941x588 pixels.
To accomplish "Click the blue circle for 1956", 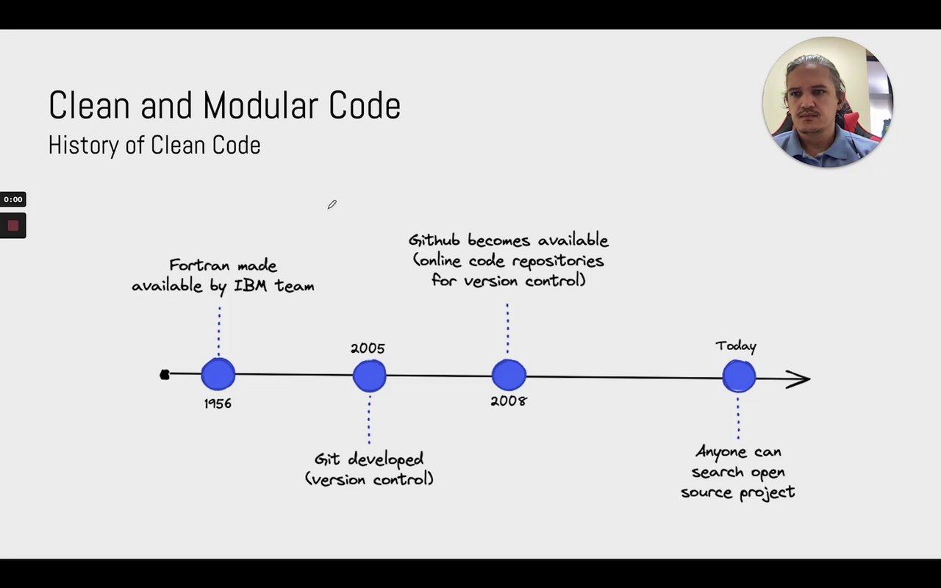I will point(218,374).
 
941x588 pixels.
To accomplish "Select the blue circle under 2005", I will point(369,376).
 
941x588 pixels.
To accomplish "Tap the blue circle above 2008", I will point(509,375).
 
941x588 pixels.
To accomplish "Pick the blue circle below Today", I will point(739,376).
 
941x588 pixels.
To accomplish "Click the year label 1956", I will point(218,404).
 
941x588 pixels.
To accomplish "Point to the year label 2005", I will point(368,348).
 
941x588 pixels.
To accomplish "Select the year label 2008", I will point(509,401).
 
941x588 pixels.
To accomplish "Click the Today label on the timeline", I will point(736,346).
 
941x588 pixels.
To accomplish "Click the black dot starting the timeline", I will point(165,375).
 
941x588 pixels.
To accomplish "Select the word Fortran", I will point(196,265).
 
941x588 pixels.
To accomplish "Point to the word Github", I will point(435,241).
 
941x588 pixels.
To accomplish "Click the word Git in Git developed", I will point(327,459).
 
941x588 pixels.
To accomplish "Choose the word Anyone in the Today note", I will point(723,452).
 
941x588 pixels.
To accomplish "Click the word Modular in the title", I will point(264,105).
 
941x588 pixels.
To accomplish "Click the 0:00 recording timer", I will point(13,199).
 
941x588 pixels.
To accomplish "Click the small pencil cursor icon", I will point(332,204).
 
